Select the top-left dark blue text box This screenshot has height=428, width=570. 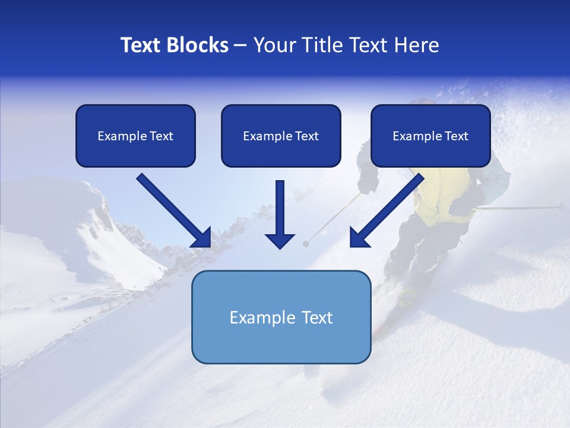click(135, 136)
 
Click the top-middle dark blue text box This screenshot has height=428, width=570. click(281, 136)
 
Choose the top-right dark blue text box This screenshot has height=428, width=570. click(430, 136)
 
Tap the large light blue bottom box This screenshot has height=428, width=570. click(281, 339)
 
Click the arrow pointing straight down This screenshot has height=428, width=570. click(280, 215)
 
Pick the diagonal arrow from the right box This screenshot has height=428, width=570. click(387, 210)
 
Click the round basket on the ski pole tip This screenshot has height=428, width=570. click(306, 244)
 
